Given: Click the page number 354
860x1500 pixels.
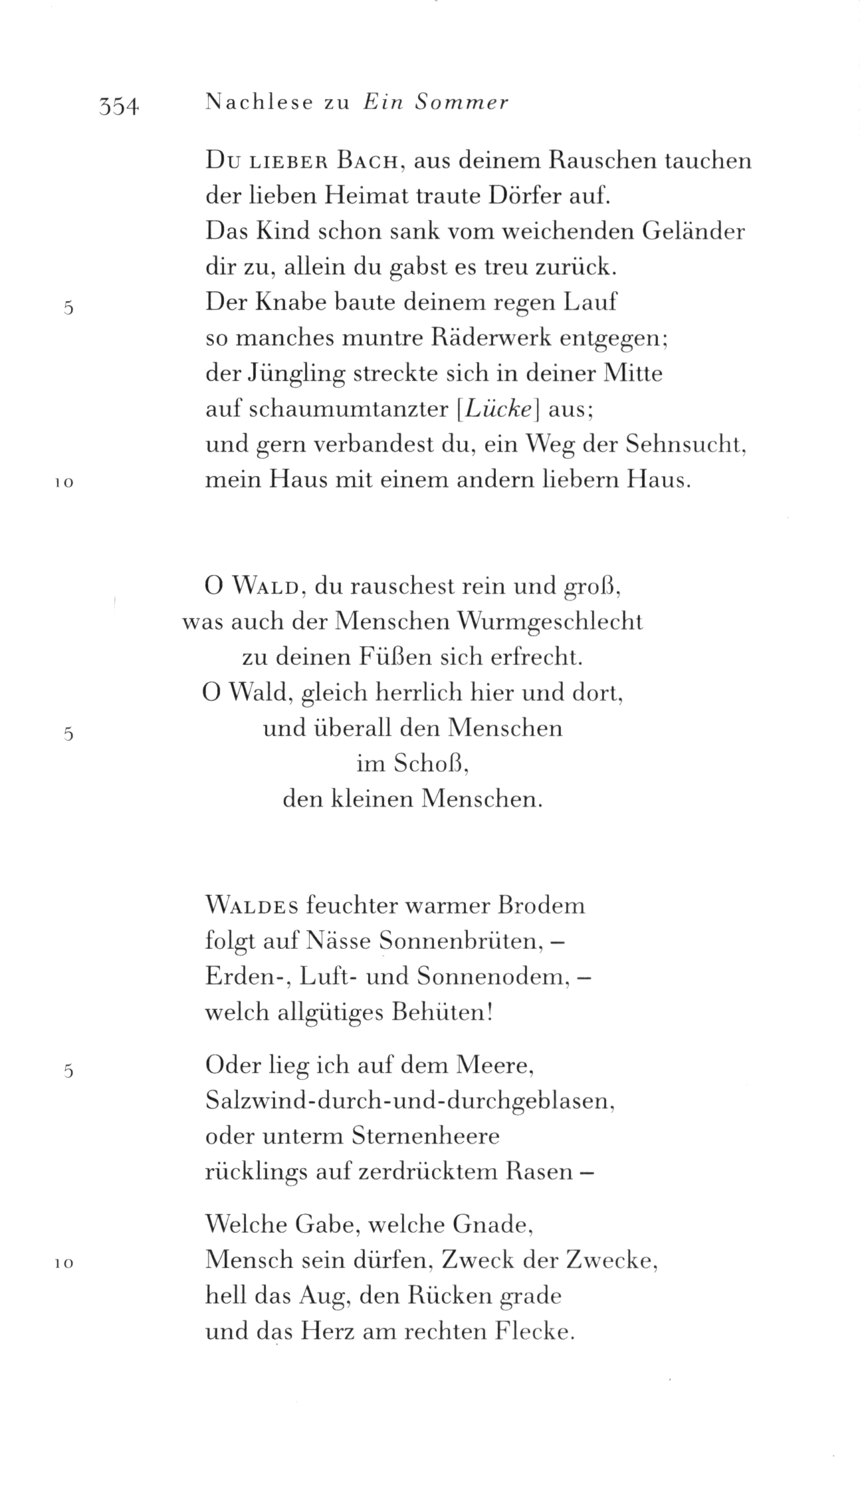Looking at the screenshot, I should [x=118, y=104].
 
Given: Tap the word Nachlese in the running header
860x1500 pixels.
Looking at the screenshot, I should [x=259, y=102].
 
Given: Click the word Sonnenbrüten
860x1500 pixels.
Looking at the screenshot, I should [x=461, y=941].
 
